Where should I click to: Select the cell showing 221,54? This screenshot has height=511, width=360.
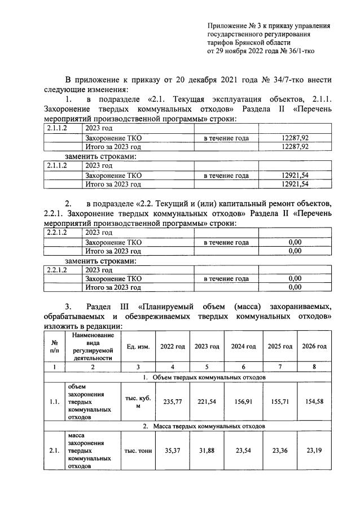[206, 403]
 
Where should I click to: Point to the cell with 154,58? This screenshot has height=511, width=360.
[314, 403]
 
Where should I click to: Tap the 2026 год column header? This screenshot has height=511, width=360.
[314, 346]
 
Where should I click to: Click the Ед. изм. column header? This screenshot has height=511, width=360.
[137, 347]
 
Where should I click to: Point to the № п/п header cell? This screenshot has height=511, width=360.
[55, 347]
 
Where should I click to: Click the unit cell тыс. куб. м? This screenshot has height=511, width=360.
[137, 403]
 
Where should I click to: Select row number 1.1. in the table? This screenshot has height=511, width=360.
[55, 403]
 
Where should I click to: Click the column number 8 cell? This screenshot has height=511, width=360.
[314, 366]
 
